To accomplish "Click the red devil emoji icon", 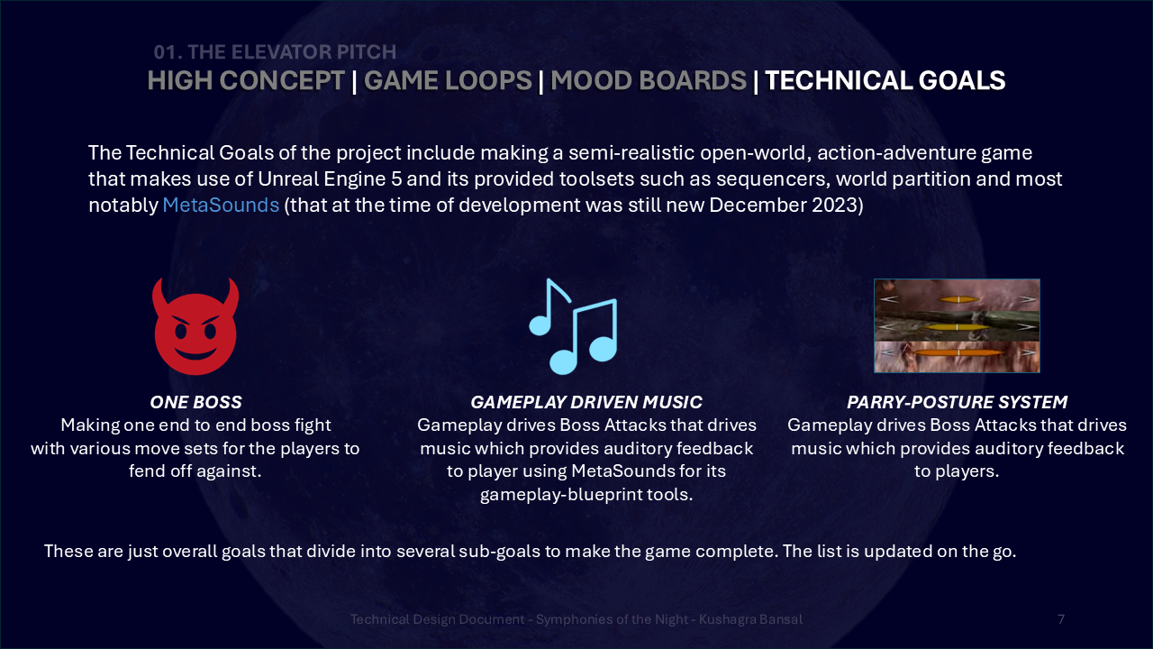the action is tap(195, 326).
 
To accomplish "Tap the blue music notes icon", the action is tap(573, 326).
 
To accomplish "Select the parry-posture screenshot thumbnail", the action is tap(957, 325).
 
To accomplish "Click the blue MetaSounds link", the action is tap(221, 205).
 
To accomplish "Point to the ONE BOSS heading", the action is tap(195, 402).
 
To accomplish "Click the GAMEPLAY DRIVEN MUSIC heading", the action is tap(586, 402).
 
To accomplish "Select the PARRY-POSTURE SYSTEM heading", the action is tap(957, 402).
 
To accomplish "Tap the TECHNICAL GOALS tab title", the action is tap(885, 80).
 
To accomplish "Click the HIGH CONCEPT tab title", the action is tap(246, 80).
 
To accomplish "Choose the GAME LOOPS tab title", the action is tap(448, 80).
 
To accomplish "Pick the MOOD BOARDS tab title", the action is tap(649, 80).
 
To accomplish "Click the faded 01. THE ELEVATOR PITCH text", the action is tap(275, 52).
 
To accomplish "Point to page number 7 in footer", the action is tap(1061, 619).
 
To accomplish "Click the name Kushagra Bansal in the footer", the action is tap(750, 619).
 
